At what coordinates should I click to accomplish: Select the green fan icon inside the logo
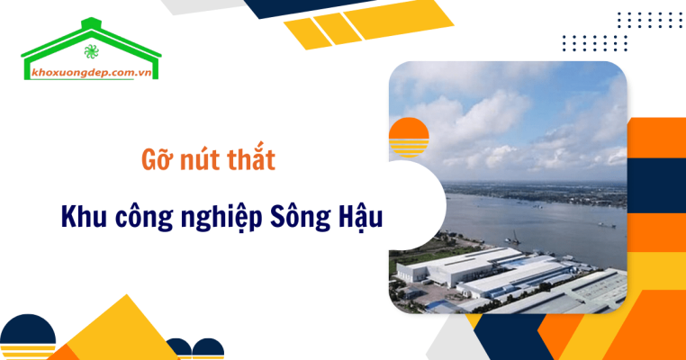point(90,49)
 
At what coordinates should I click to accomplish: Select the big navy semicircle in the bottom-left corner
point(27,342)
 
